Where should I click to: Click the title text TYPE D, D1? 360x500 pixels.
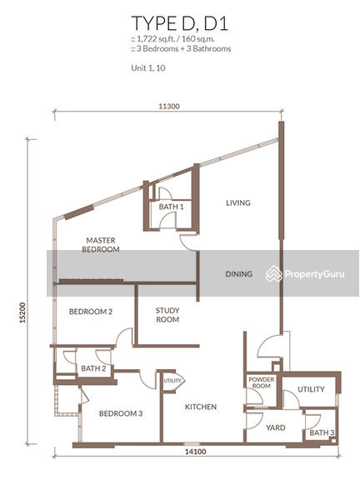[x=179, y=22]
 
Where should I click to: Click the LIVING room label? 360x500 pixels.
[x=237, y=202]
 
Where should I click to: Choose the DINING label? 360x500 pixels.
[x=238, y=274]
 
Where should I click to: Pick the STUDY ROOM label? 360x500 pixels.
[x=167, y=315]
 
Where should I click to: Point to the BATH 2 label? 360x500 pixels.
[x=92, y=368]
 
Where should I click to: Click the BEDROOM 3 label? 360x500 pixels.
[x=121, y=413]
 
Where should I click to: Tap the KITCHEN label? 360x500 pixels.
[x=201, y=407]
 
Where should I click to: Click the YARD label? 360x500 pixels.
[x=275, y=427]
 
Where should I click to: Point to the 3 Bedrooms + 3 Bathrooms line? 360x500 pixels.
[x=179, y=49]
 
